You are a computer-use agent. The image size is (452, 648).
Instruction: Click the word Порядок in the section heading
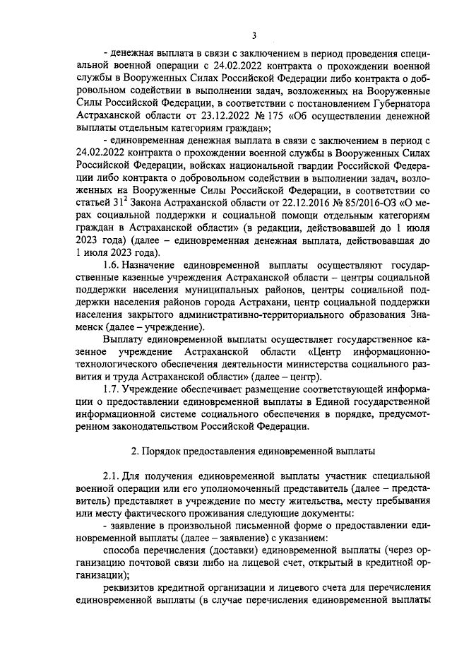(167, 450)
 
